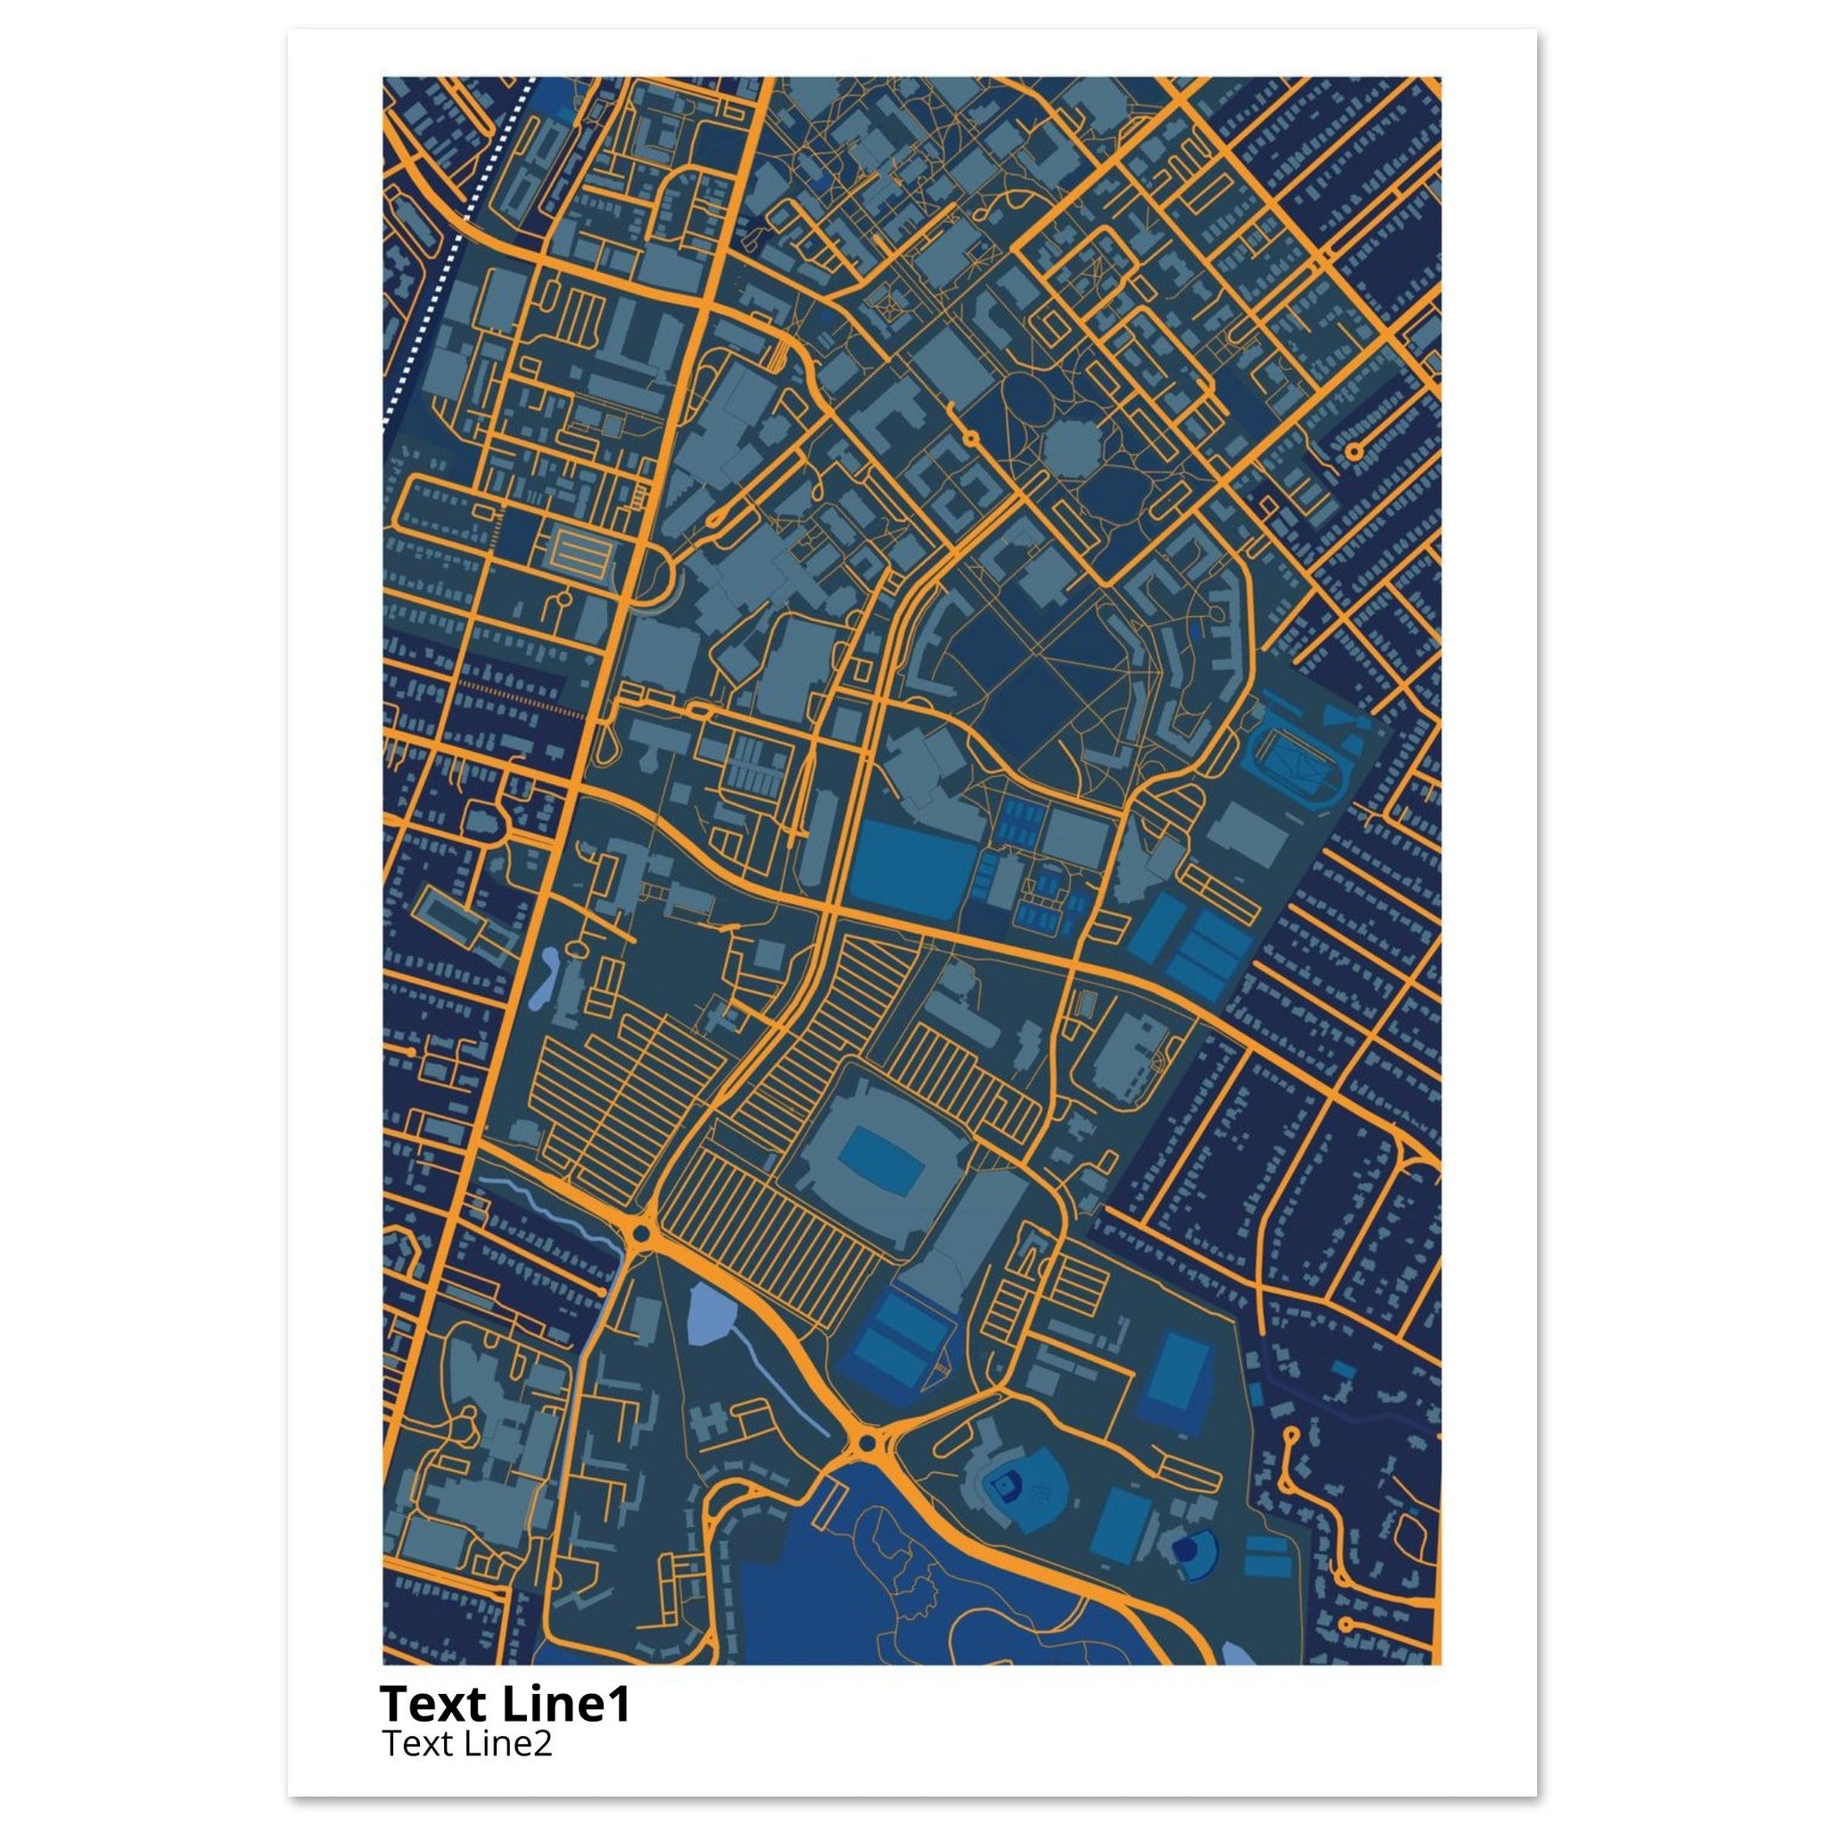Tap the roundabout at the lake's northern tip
(864, 1469)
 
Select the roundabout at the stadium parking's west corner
(642, 1233)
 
